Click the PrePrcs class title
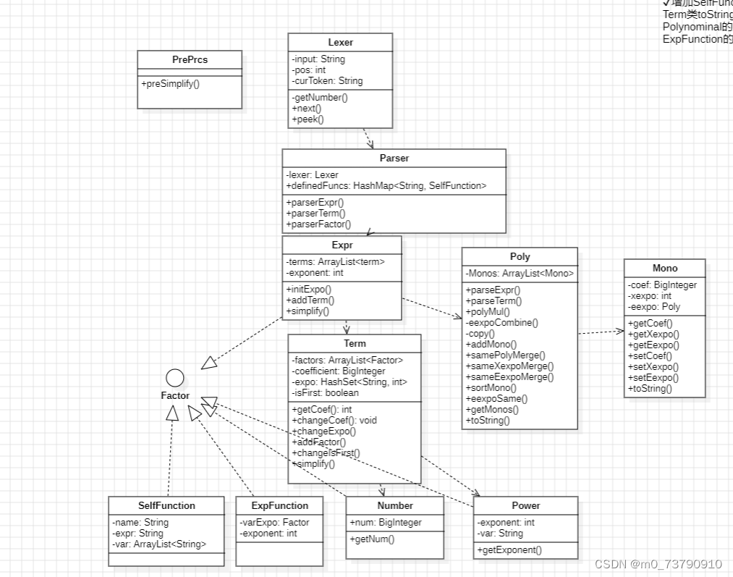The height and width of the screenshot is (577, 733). pos(190,59)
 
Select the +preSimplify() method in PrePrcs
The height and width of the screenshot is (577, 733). pos(171,83)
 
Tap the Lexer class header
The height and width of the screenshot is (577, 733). pos(340,42)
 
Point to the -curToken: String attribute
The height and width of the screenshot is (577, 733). pos(327,80)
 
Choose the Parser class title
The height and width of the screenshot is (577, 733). pos(394,158)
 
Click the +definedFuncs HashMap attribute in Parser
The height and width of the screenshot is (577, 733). pos(386,186)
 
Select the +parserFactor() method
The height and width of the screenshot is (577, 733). pos(318,224)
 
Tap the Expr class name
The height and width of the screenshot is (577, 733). pos(342,245)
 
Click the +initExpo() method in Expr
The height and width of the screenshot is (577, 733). pos(308,289)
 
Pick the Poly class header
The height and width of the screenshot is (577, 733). pos(520,256)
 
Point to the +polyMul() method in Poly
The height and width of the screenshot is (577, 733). pos(488,311)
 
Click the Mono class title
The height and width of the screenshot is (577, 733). pos(665,268)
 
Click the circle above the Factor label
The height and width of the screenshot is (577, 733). pos(175,377)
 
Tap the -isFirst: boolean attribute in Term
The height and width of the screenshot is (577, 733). pos(325,392)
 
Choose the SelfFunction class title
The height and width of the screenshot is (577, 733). pos(166,505)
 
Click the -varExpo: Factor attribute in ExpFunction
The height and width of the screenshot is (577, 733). pos(275,522)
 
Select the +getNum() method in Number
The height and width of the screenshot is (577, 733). pos(372,539)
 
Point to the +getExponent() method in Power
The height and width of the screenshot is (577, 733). pos(509,549)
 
